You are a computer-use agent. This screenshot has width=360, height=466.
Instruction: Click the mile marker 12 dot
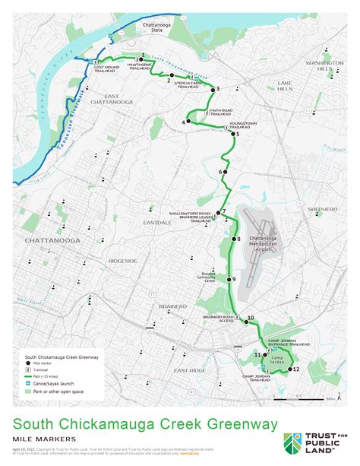(287, 369)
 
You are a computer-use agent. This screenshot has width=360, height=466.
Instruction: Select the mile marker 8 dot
(232, 239)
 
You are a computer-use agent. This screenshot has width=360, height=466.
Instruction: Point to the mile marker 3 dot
(211, 90)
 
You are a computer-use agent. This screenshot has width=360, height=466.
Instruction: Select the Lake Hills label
(285, 84)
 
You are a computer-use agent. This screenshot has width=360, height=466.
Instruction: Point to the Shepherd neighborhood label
(322, 208)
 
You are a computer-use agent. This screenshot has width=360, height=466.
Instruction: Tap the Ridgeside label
(122, 261)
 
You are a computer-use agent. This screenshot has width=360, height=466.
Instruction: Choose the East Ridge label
(189, 370)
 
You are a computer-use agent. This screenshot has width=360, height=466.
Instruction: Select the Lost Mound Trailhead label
(111, 68)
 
